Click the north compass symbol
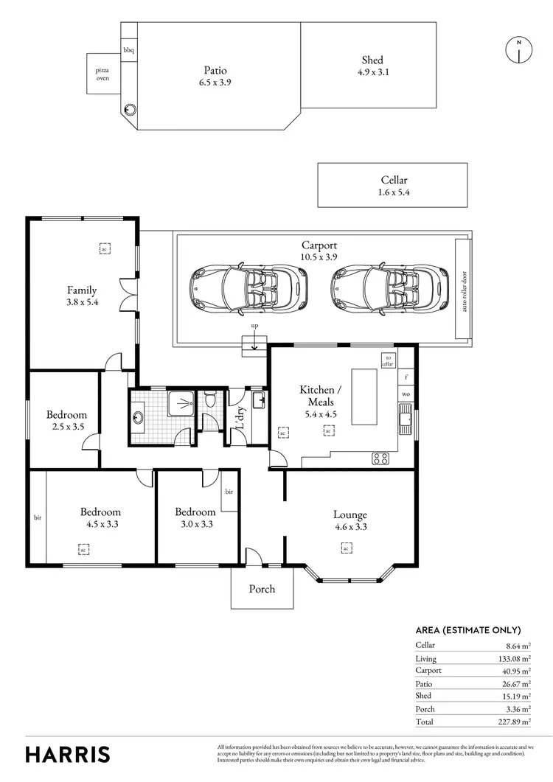[518, 49]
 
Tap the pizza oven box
[102, 74]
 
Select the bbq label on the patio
[128, 50]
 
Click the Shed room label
[372, 60]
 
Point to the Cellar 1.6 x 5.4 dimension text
[394, 192]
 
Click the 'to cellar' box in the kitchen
[388, 360]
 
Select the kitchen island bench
[364, 397]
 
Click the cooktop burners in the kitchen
[380, 458]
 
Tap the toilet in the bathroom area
[211, 400]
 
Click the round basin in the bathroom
[139, 418]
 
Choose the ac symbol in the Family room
[105, 248]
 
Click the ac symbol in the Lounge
[345, 548]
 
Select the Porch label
[262, 588]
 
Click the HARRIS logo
[68, 753]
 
